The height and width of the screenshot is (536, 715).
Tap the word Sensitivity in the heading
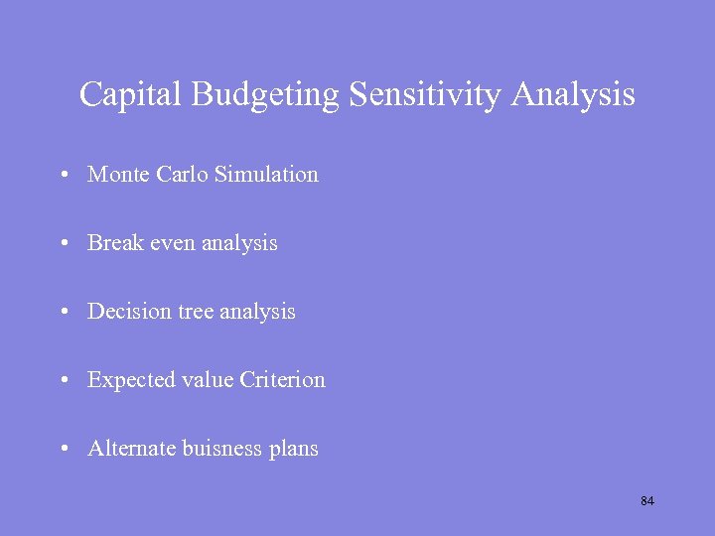(x=425, y=95)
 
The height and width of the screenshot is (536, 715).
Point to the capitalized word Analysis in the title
(x=574, y=95)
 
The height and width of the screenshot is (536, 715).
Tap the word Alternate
(x=131, y=449)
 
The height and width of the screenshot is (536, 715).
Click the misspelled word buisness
(x=222, y=449)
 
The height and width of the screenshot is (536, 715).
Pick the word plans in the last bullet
(x=294, y=450)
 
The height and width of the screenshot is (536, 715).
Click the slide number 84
(x=647, y=501)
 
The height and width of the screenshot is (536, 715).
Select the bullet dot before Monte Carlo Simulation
(x=63, y=176)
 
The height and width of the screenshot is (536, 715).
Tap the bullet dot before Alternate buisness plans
(x=63, y=450)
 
